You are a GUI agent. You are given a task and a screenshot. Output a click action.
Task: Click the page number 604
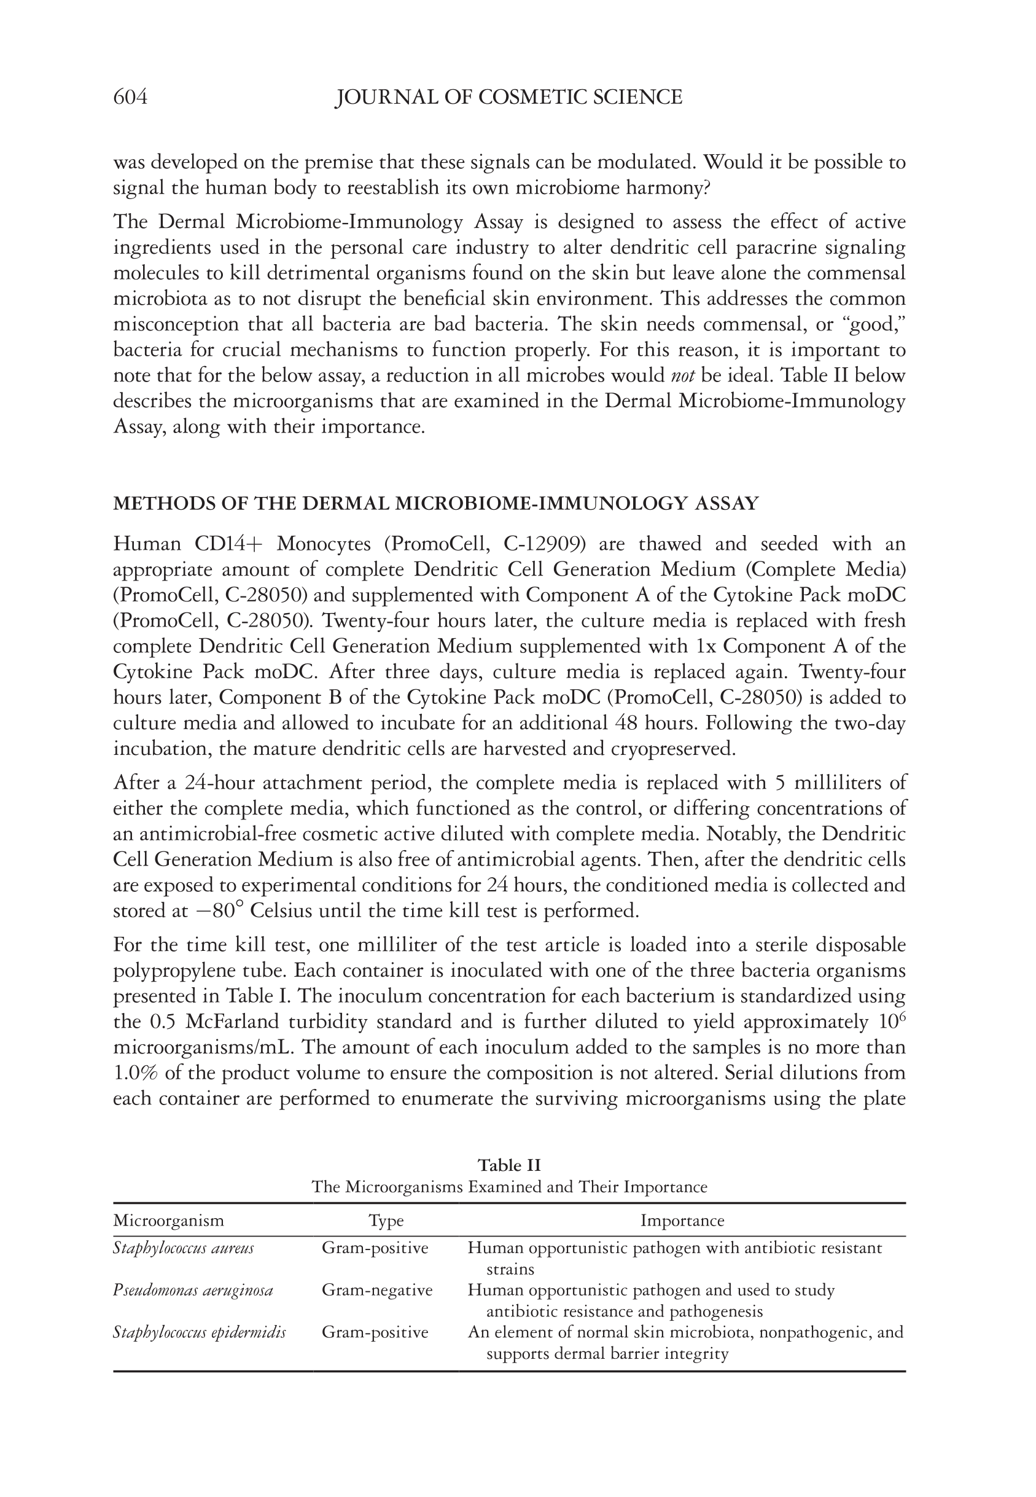click(130, 98)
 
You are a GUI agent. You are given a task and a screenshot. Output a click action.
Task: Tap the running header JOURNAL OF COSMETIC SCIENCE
click(508, 98)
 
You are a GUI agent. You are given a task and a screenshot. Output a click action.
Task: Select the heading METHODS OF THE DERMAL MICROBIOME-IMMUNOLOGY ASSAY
click(435, 504)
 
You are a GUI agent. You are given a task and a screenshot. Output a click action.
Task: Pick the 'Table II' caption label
click(509, 1165)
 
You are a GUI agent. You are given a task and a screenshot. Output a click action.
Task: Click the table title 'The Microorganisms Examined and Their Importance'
click(509, 1187)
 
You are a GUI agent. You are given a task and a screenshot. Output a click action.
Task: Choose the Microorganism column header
click(168, 1221)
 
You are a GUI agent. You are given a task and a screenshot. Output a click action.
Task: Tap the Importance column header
click(682, 1221)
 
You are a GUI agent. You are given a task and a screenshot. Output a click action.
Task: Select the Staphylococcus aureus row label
click(183, 1248)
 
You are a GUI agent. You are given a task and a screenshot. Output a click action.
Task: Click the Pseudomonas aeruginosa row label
click(193, 1290)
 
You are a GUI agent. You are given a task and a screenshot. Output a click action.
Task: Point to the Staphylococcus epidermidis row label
click(200, 1332)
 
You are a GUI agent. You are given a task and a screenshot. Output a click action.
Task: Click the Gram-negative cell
click(377, 1290)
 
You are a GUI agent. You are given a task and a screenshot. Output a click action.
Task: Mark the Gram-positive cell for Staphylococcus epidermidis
click(375, 1332)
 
